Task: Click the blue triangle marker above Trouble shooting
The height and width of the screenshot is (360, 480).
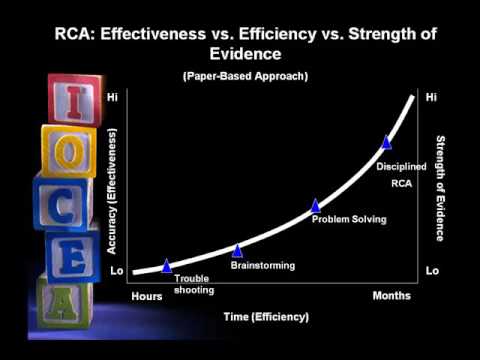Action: coord(167,266)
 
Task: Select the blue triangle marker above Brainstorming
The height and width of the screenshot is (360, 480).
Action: coord(238,251)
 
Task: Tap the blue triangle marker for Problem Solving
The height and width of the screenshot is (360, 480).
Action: coord(315,205)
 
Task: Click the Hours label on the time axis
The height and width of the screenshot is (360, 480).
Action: coord(147,296)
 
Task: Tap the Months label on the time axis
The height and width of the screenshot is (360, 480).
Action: coord(392,296)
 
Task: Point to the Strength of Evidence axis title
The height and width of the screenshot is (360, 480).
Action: coord(439,190)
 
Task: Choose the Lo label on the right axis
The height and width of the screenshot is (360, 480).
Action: coord(432,271)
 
